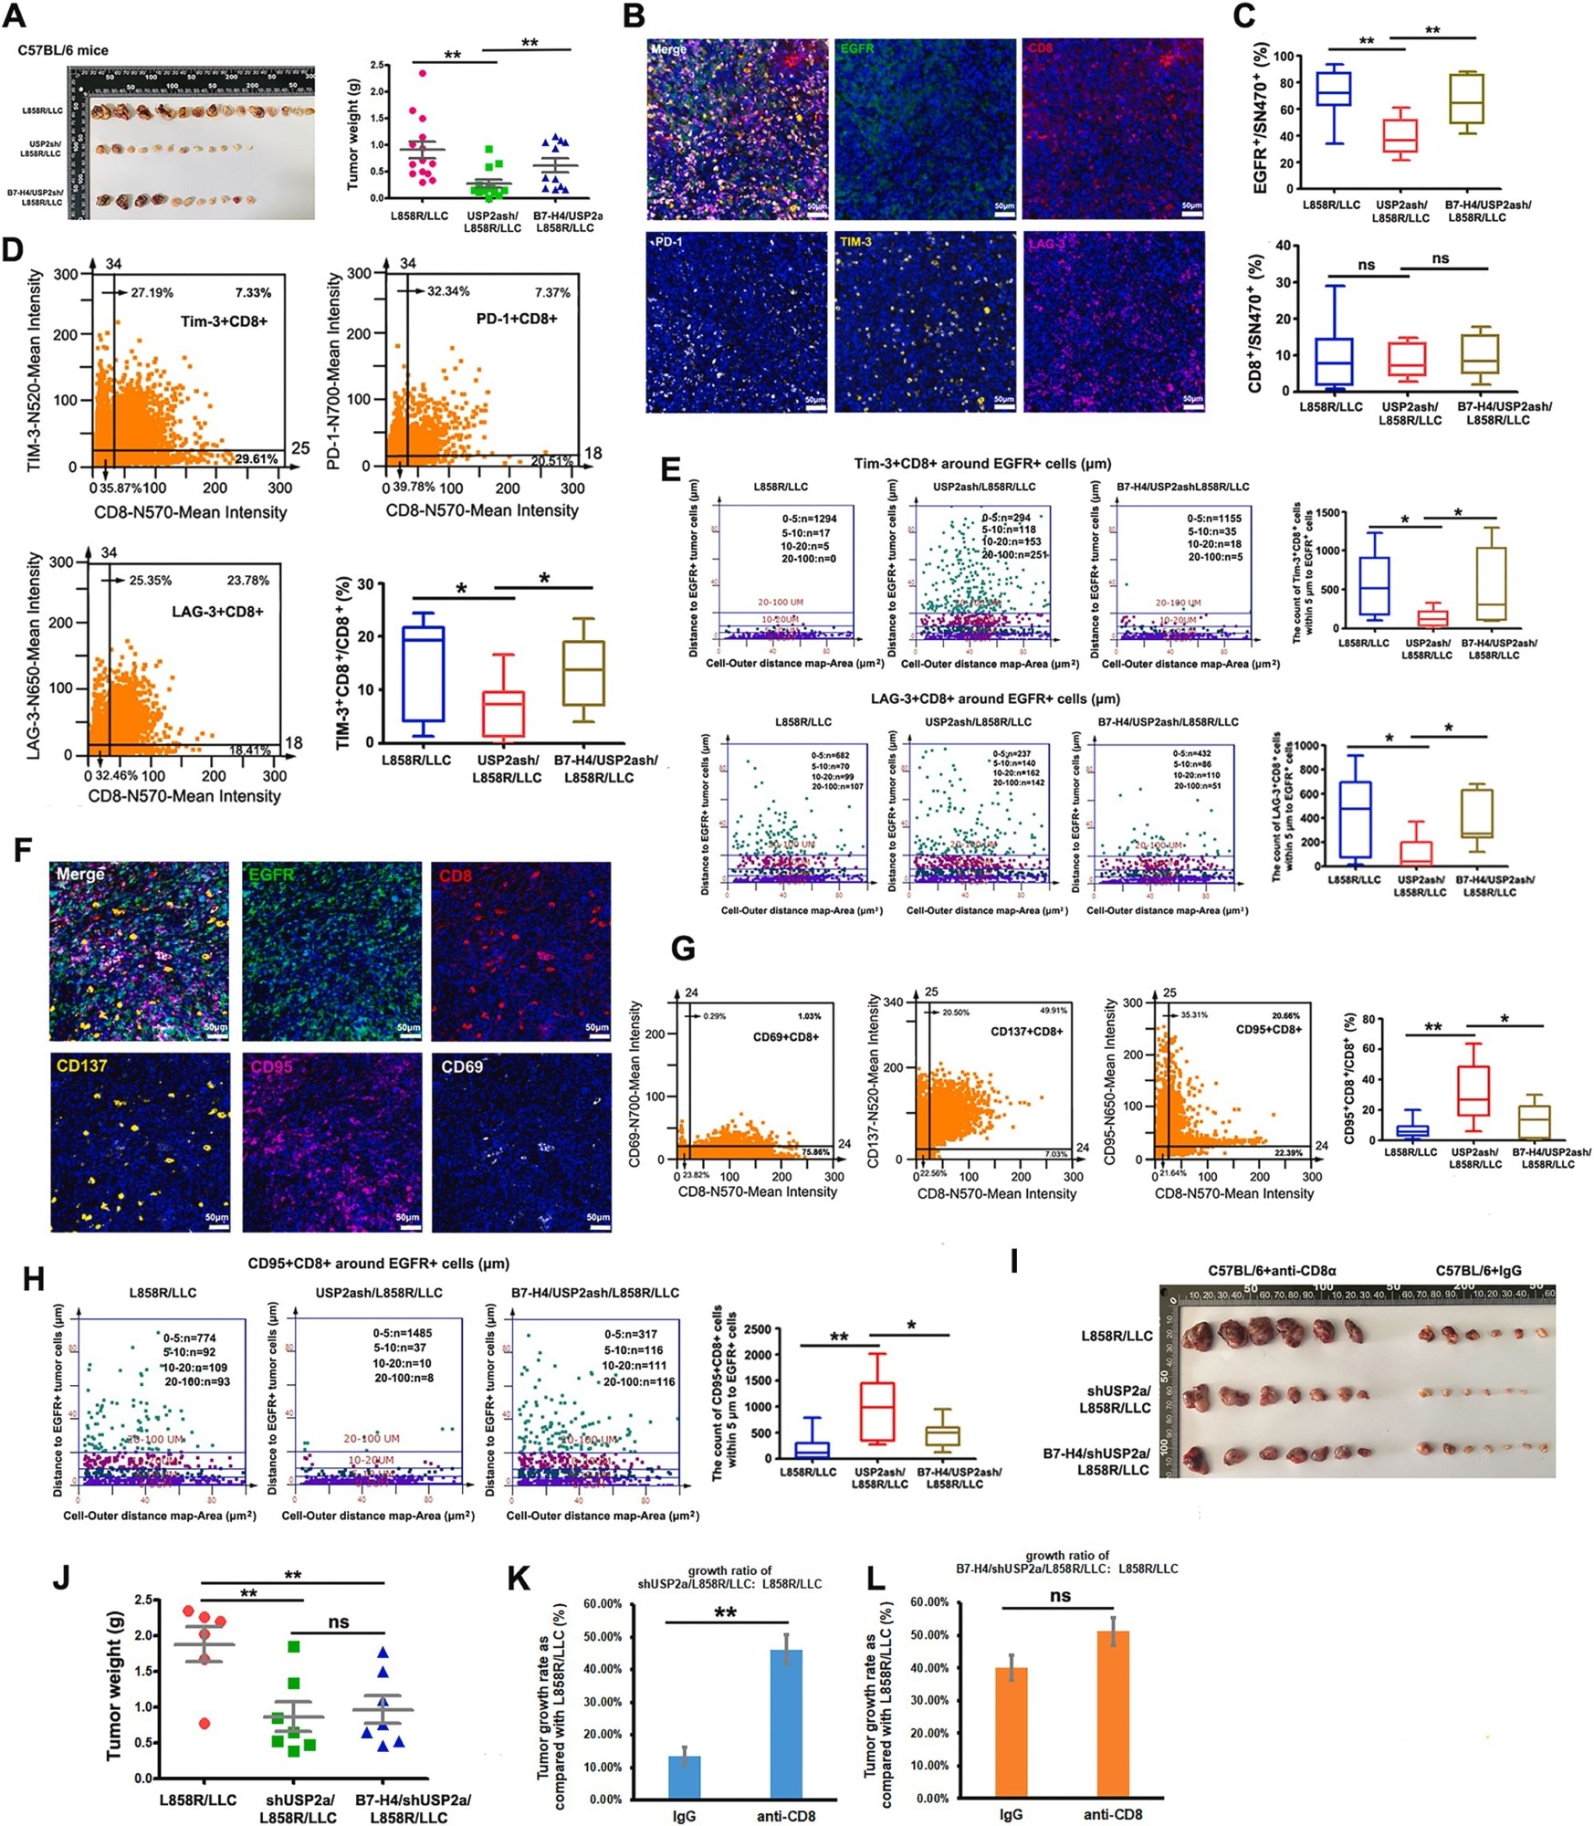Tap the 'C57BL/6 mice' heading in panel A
pos(63,50)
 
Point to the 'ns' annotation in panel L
pos(1060,1595)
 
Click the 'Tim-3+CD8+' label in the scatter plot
pos(224,321)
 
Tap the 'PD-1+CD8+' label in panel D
pos(517,319)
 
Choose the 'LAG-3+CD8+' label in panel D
pos(217,611)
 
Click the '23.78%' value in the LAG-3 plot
pos(247,580)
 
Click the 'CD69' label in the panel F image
pos(462,1065)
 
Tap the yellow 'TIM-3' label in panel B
pos(855,243)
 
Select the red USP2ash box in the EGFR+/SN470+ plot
pos(1400,135)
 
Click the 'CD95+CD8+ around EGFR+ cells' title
pos(378,1264)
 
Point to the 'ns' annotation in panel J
pos(338,1621)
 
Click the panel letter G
pos(683,950)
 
